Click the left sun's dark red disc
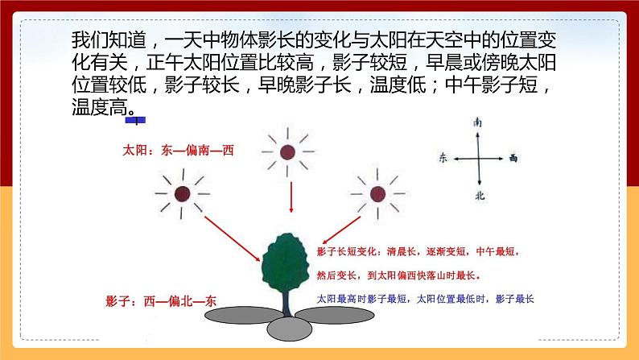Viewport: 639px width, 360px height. (x=183, y=194)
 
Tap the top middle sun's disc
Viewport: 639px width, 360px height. (x=287, y=152)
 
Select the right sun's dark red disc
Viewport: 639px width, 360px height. (x=377, y=194)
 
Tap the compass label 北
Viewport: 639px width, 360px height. (x=480, y=196)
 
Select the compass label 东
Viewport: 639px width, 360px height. (x=442, y=159)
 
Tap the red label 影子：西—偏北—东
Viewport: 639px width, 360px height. (x=161, y=301)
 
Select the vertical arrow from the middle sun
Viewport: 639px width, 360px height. (x=287, y=201)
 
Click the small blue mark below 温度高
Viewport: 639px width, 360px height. (x=137, y=121)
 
